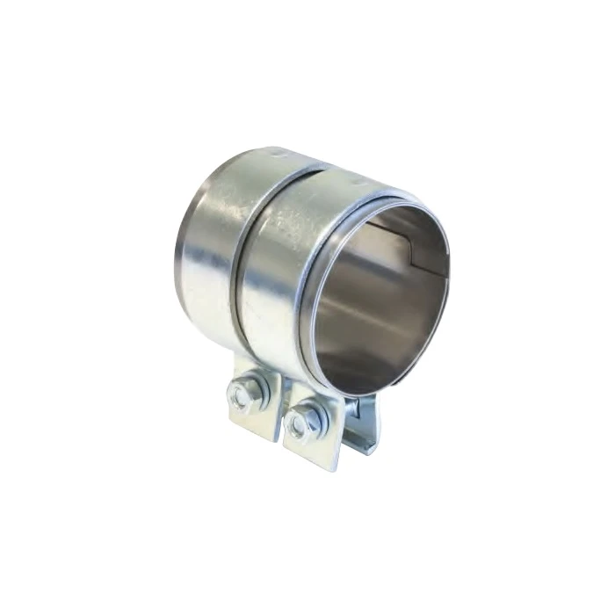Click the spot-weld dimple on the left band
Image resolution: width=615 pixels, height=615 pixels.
click(x=280, y=156)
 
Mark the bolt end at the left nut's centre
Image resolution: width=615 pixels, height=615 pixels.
click(x=242, y=394)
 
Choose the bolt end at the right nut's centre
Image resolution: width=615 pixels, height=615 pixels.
click(x=303, y=420)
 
